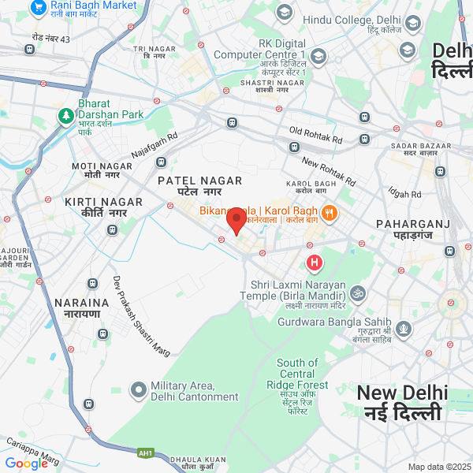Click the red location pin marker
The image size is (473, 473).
(236, 220)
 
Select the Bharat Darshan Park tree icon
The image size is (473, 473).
(65, 116)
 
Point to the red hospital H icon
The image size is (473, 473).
(314, 262)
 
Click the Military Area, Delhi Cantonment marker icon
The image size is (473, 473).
(139, 389)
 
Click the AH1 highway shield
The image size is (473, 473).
(145, 453)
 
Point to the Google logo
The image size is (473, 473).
(27, 464)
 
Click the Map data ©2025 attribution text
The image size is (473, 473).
(438, 467)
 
